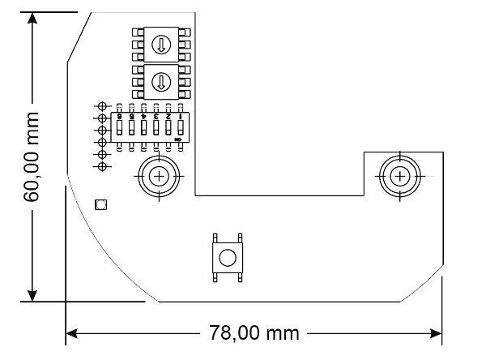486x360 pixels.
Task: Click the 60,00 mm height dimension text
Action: tap(32, 157)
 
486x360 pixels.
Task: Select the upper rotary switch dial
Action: tap(160, 45)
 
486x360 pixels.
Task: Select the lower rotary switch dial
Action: tap(160, 81)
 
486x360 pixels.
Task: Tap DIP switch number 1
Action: tap(180, 129)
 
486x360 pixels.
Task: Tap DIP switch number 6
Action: tap(120, 129)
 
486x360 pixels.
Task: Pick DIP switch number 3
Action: tap(156, 129)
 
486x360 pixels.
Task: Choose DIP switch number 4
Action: tap(143, 129)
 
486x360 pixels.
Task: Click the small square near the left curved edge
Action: tap(101, 204)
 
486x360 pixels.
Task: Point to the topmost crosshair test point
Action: tap(103, 106)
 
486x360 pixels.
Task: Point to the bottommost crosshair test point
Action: tap(103, 166)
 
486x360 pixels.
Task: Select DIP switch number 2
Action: tap(168, 129)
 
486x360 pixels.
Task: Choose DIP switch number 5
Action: tap(132, 129)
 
